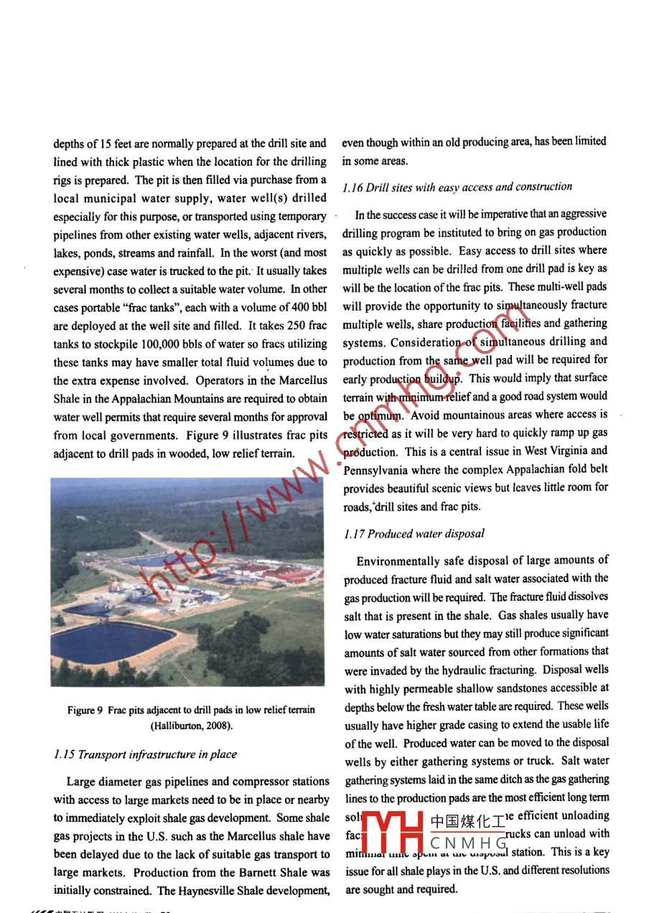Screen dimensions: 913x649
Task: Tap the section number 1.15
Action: point(64,754)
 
